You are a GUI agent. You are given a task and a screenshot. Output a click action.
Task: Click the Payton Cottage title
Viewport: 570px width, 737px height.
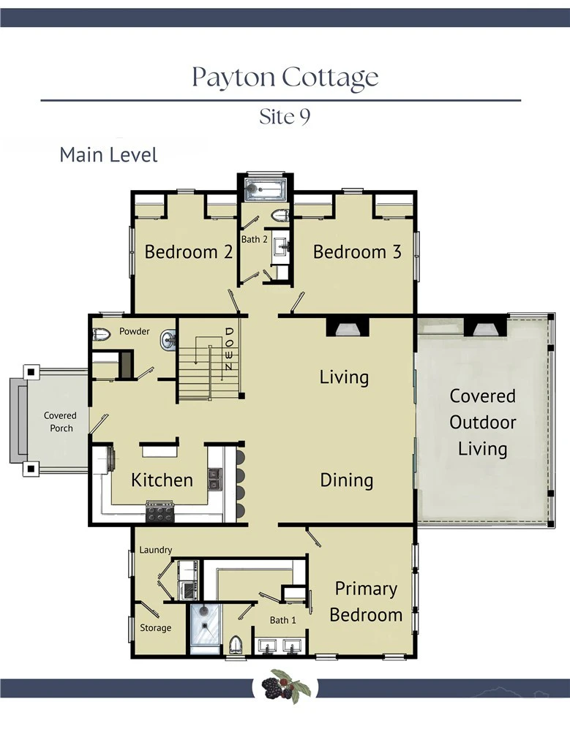coord(285,78)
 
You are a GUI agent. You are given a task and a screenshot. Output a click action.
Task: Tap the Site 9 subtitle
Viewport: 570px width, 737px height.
coord(285,117)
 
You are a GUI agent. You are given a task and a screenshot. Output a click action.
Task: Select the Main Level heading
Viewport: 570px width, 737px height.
coord(108,155)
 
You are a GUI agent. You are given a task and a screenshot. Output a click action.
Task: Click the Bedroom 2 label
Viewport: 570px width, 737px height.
coord(189,252)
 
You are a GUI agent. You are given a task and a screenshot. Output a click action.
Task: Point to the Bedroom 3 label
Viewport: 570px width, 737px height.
coord(357,252)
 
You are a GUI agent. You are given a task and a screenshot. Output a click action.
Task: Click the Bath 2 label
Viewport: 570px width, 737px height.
coord(255,239)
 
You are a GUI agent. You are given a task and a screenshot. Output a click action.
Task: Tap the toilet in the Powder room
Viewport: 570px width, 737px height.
coord(101,334)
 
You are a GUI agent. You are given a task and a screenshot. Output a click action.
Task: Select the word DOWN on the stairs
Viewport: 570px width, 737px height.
coord(228,349)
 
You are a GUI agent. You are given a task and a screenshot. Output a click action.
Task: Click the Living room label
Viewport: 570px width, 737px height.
coord(344,377)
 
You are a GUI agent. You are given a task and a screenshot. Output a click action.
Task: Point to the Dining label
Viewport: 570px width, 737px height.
coord(347,480)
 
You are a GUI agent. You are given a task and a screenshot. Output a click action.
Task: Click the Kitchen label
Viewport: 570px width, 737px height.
coord(162,480)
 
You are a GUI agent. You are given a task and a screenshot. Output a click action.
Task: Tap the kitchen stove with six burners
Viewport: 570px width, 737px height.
coord(160,512)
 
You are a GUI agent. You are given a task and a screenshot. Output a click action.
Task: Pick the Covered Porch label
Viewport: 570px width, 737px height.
coord(60,422)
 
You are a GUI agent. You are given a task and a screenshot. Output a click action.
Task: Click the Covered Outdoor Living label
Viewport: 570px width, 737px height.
coord(483,422)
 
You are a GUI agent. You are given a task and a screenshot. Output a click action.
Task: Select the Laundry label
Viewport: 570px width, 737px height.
coord(156,550)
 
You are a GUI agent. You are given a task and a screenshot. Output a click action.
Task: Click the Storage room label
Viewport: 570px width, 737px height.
coord(156,628)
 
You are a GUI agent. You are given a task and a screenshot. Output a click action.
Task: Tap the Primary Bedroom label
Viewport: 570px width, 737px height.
coord(366,602)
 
